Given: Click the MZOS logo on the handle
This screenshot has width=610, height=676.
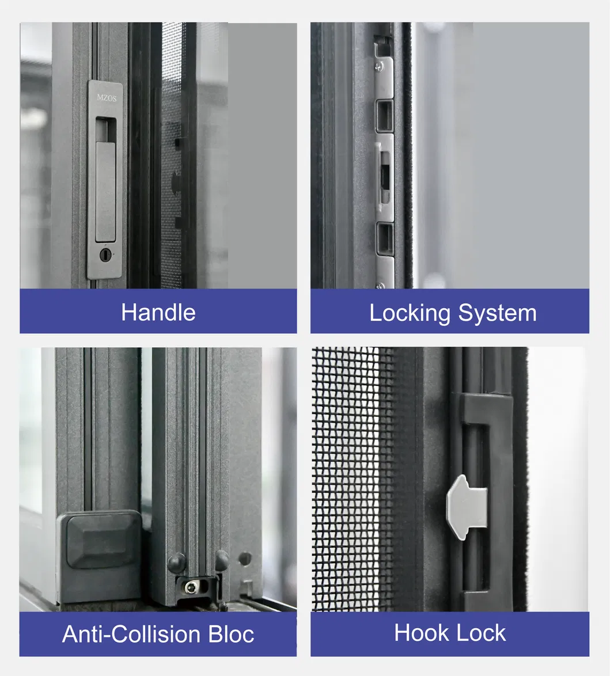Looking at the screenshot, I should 106,98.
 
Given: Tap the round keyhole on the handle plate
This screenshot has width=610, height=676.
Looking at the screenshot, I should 104,254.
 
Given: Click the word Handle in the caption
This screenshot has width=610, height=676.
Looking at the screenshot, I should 158,313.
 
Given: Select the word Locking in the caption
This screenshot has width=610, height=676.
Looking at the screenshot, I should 410,313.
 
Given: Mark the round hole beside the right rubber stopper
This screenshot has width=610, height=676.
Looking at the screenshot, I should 245,559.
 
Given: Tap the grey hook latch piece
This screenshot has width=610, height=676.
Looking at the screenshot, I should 467,507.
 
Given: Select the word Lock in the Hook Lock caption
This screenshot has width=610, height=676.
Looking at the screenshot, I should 480,633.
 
